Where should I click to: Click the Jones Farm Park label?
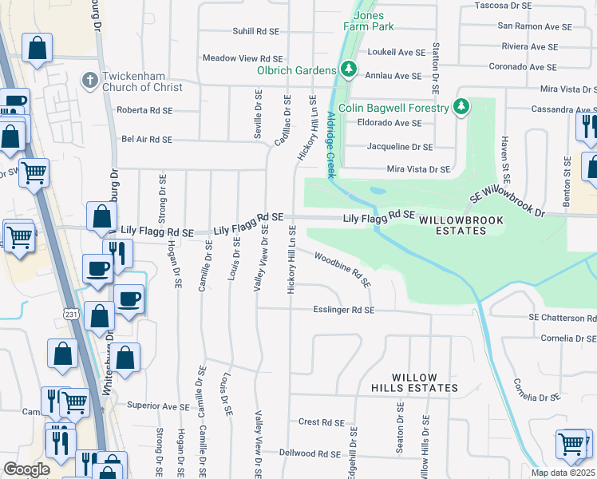[369, 21]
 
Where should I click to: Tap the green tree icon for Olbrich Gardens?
[348, 70]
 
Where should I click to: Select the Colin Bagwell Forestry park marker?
[461, 107]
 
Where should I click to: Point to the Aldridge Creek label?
[330, 144]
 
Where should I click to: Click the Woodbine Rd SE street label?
[342, 270]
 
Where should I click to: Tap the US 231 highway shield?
[71, 314]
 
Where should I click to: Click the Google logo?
[26, 469]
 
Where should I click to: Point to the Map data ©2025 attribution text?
[563, 473]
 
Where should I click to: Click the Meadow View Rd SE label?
[243, 58]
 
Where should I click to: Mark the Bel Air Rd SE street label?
[147, 139]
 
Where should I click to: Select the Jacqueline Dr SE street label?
[399, 147]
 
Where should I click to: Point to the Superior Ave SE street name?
[164, 406]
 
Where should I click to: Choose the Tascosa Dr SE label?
[524, 5]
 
